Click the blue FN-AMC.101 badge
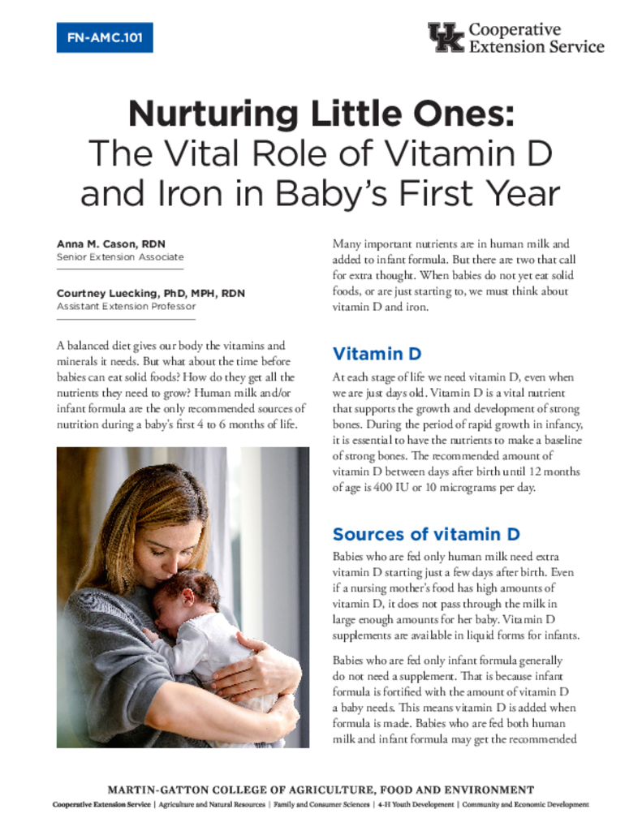pyautogui.click(x=105, y=37)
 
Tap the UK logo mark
pyautogui.click(x=446, y=37)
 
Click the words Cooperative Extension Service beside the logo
pyautogui.click(x=536, y=37)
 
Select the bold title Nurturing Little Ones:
pyautogui.click(x=321, y=114)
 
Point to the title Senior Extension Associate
pyautogui.click(x=120, y=257)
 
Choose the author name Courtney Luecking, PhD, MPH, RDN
pyautogui.click(x=150, y=293)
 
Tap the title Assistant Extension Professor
pyautogui.click(x=126, y=307)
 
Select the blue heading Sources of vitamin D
pyautogui.click(x=426, y=534)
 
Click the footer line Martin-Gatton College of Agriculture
pyautogui.click(x=321, y=790)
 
